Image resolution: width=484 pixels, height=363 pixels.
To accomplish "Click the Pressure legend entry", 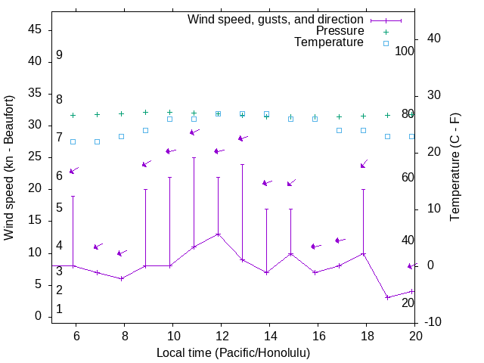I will point(340,31).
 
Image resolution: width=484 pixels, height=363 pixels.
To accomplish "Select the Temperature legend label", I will point(329,42).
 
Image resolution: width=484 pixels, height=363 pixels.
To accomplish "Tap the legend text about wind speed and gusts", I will point(276,20).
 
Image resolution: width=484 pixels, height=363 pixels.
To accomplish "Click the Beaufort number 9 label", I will point(59,55).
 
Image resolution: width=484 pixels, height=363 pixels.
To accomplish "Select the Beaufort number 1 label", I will point(59,309).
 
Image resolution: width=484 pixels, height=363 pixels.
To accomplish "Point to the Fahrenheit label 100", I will point(405,51).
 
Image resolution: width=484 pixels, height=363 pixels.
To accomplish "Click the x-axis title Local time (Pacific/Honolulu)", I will point(233,352).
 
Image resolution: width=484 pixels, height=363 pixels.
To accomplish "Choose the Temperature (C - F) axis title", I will point(455,168).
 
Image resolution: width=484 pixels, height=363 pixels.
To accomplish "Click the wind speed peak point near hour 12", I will point(218,234).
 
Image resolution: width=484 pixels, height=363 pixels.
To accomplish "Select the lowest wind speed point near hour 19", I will point(387,297).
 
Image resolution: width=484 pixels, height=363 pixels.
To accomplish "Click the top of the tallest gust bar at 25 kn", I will point(194,158).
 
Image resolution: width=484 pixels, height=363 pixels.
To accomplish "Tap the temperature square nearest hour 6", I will point(73,141).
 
